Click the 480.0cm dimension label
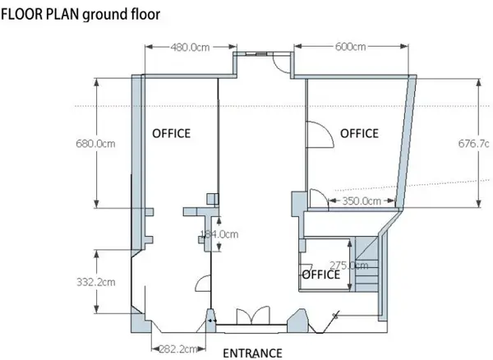point(190,47)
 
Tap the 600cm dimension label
point(350,47)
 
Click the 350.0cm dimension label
point(361,201)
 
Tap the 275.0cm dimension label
point(348,265)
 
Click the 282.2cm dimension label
point(177,348)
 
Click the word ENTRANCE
point(253,353)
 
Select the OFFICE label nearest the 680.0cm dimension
point(171,133)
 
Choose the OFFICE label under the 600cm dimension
point(359,133)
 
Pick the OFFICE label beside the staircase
point(320,275)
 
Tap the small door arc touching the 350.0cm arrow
point(316,198)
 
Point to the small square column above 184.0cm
point(211,197)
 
